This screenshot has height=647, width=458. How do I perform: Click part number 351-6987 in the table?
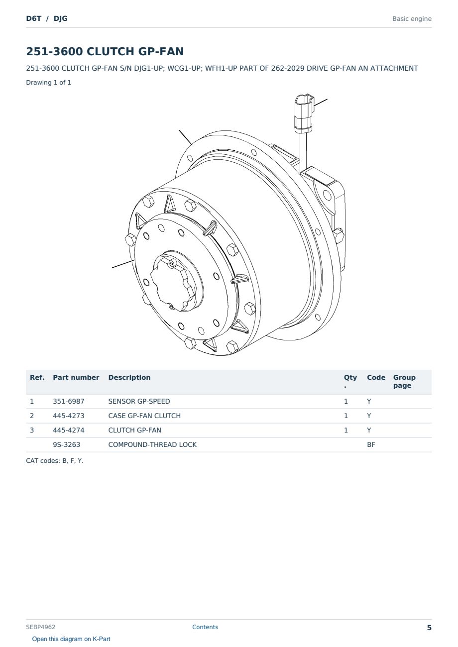[x=69, y=401]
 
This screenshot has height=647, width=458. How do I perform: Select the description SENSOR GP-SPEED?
[x=139, y=401]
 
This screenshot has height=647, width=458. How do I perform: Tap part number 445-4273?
[x=69, y=416]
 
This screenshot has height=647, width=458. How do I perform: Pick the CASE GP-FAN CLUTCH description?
[x=144, y=416]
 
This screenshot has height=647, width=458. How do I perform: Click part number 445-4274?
[x=69, y=430]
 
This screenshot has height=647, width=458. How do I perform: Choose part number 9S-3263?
[x=67, y=444]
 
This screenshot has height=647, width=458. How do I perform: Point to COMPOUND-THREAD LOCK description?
[x=152, y=444]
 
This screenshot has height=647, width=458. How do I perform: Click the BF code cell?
[x=371, y=444]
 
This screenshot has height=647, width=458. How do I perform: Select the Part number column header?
[x=76, y=378]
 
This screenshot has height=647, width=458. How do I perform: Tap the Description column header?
[x=129, y=378]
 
